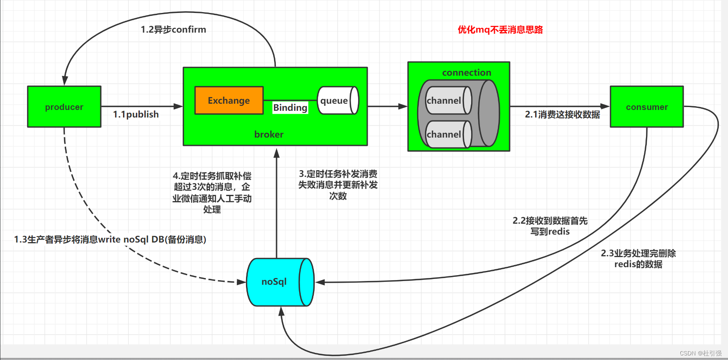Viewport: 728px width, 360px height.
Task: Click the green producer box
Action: coord(64,107)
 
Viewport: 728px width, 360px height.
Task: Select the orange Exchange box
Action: coord(229,100)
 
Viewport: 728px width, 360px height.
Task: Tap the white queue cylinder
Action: coord(337,100)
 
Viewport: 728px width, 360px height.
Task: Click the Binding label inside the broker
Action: coord(290,107)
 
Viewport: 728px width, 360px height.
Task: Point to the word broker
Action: coord(269,134)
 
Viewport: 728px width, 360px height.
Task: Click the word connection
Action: coord(467,73)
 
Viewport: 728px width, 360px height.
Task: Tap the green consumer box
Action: coord(646,107)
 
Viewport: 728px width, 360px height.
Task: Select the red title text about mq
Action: coord(500,30)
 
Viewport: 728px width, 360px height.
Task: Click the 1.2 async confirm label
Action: coord(173,30)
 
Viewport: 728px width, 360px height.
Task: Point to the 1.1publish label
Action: coord(136,115)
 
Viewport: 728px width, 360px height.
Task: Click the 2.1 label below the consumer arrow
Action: coord(562,115)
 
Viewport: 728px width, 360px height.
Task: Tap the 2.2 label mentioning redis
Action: coord(550,226)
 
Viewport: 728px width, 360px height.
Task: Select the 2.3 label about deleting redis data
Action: coord(638,258)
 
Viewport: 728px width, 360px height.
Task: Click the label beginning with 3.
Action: coord(338,185)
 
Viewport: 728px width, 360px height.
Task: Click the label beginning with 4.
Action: coord(212,192)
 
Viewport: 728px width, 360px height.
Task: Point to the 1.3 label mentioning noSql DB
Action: coord(110,239)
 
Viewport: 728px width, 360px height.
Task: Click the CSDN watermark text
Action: coord(700,353)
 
